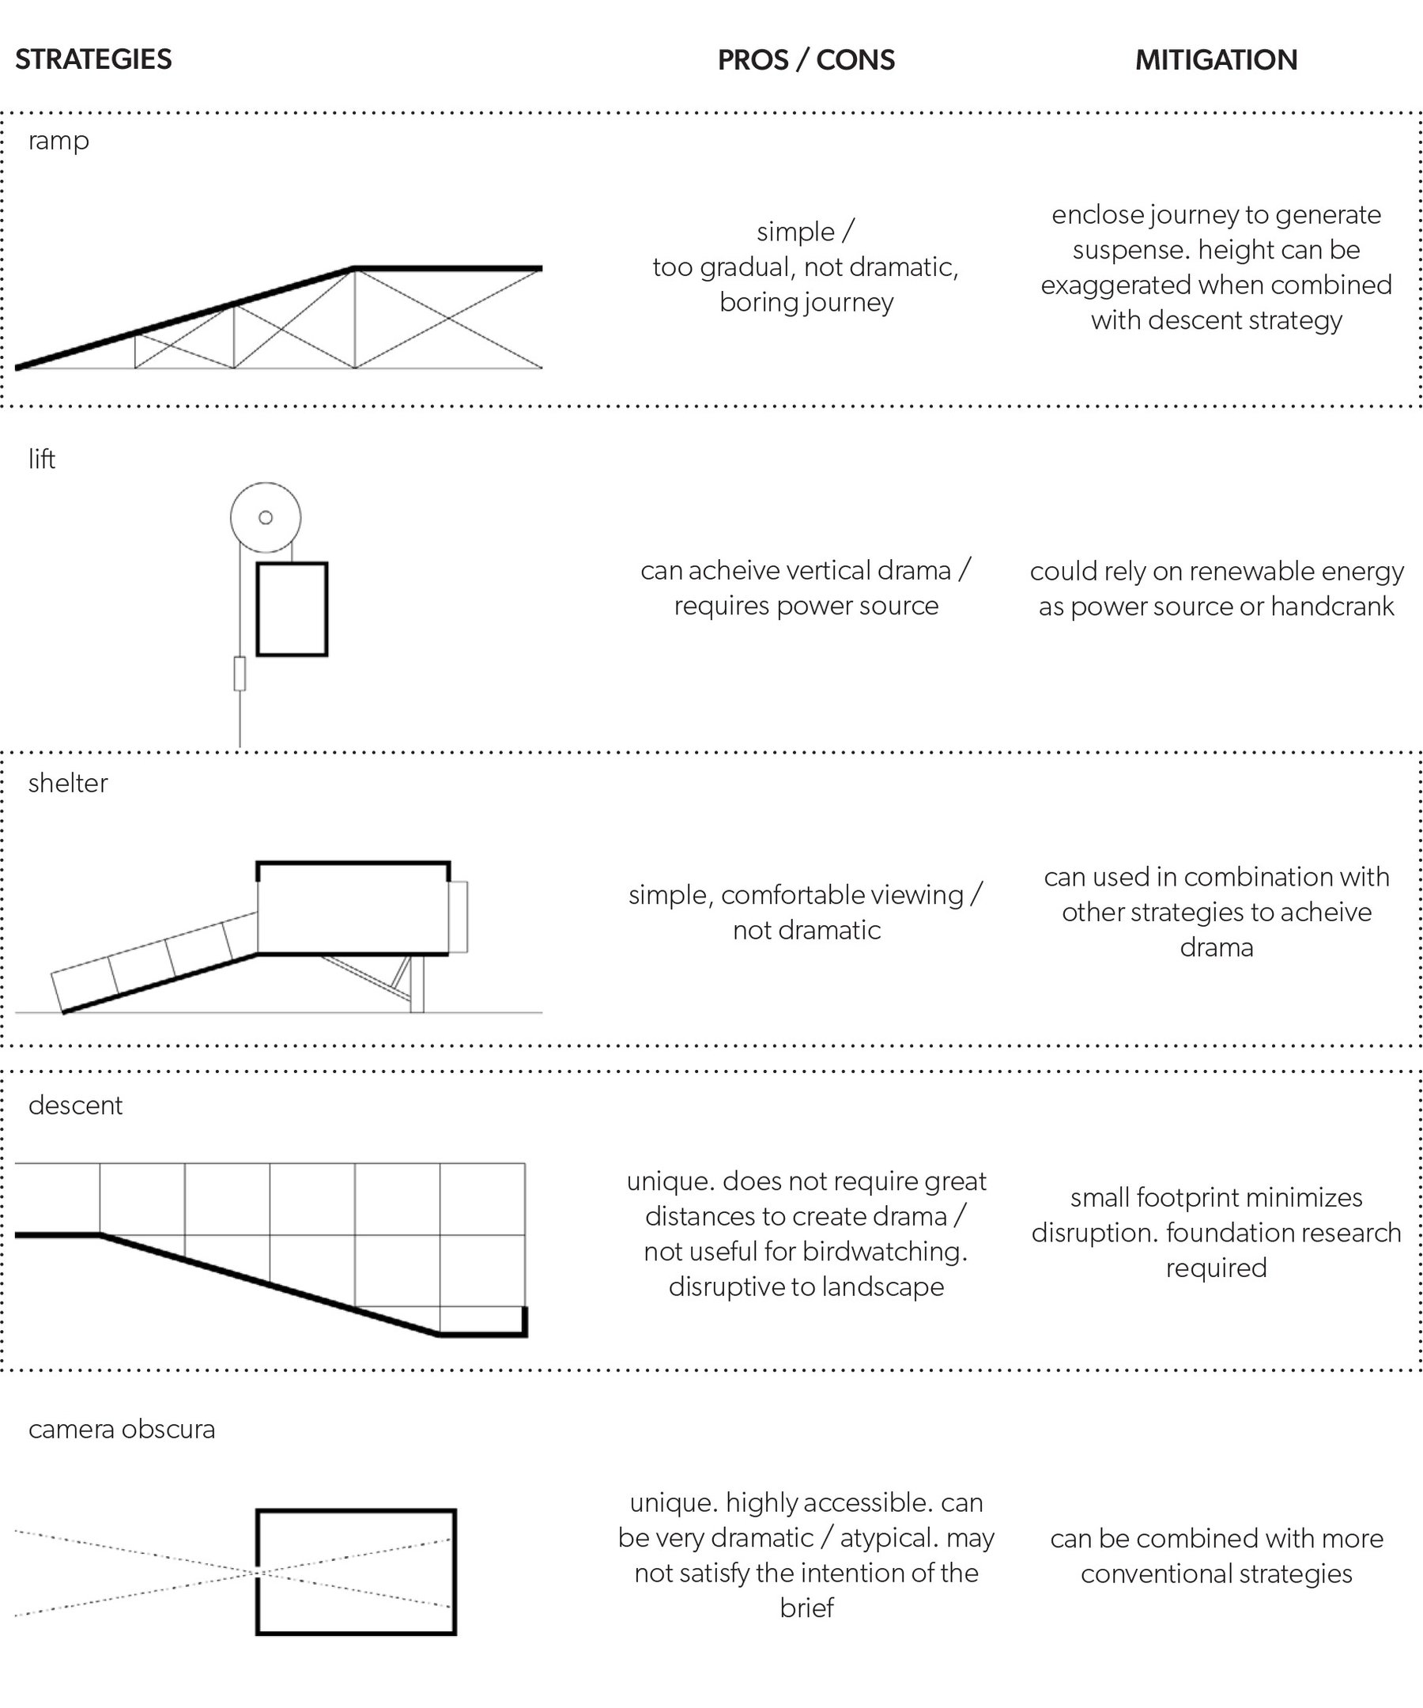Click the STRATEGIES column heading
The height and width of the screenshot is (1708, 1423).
pos(93,59)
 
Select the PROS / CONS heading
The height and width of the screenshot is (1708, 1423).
pos(806,60)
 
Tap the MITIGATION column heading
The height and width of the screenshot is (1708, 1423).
pos(1216,60)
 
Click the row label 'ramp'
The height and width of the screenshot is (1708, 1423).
pos(59,142)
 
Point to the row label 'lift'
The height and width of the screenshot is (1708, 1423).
pos(41,459)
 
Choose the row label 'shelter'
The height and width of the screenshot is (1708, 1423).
pos(67,784)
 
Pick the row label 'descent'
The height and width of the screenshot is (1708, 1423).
pos(75,1105)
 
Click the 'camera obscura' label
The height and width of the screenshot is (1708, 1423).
pos(121,1429)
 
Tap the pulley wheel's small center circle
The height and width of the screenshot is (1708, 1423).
pos(265,517)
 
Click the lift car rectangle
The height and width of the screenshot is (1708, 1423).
pos(292,609)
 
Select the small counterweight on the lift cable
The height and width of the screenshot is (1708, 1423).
pos(240,674)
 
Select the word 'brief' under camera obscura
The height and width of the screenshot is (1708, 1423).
pos(806,1608)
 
